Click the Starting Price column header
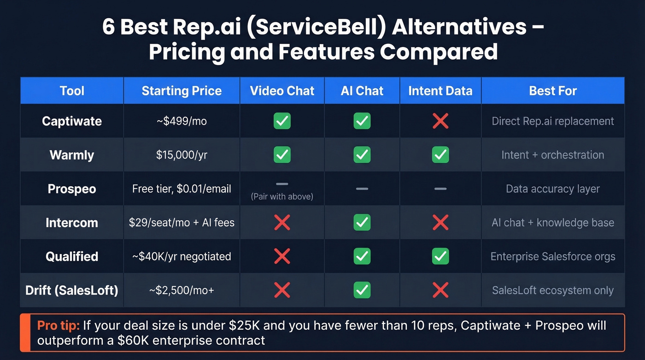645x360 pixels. coord(182,91)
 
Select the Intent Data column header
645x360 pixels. coord(440,91)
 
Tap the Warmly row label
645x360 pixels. coord(72,155)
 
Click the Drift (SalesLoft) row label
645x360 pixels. coord(72,290)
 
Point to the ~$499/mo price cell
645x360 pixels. coord(182,121)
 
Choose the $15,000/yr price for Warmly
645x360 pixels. coord(182,155)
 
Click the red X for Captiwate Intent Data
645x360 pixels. coord(440,121)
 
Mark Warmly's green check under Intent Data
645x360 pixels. coord(440,155)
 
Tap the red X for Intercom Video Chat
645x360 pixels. coord(282,223)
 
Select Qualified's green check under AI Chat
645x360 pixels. coord(362,256)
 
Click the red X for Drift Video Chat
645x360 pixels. coord(282,290)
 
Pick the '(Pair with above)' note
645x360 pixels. coord(282,197)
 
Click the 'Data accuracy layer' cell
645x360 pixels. coord(553,189)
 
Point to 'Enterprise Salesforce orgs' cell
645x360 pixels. coord(553,256)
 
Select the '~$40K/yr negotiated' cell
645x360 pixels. coord(182,256)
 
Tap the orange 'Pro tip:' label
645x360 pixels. coord(59,325)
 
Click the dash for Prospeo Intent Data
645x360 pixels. coord(440,189)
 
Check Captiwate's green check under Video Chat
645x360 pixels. coord(282,121)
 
